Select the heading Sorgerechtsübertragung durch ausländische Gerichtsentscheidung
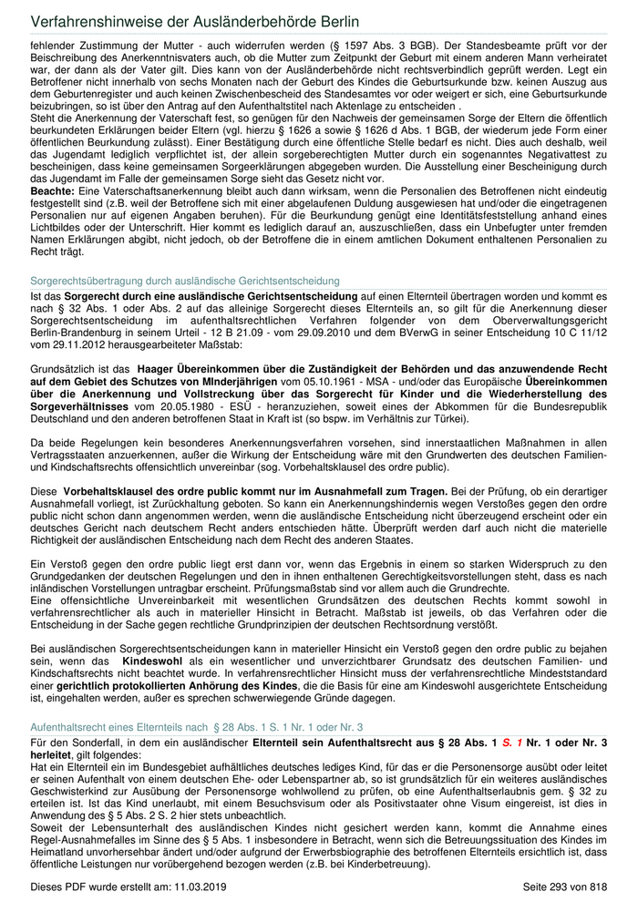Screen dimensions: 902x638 tap(185, 281)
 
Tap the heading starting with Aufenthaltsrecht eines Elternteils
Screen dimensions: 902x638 tap(196, 726)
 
